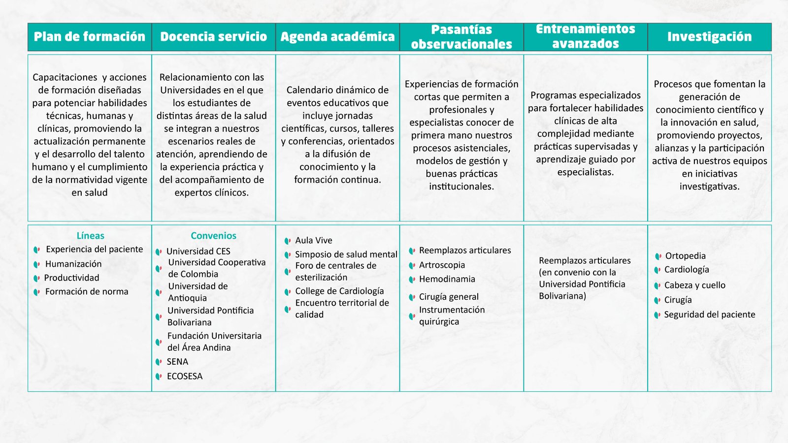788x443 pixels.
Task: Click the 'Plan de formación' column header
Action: tap(90, 37)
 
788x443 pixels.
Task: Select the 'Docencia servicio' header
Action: tap(213, 37)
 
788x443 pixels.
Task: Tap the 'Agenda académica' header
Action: tap(337, 37)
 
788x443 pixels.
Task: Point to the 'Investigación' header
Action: tap(709, 37)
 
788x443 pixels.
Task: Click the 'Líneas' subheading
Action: tap(90, 236)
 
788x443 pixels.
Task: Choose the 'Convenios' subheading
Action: tap(213, 236)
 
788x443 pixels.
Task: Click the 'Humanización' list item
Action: tap(73, 264)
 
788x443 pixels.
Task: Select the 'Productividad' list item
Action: tap(71, 278)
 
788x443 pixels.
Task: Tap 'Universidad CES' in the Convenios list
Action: tap(198, 251)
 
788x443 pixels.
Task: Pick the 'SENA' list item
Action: tap(177, 362)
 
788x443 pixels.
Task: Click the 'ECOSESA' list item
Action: tap(184, 376)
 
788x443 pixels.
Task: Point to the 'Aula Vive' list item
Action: tap(314, 240)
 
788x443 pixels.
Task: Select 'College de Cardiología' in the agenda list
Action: tap(339, 291)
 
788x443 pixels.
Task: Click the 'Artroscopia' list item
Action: tap(442, 265)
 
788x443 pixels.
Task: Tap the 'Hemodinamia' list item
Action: tap(447, 279)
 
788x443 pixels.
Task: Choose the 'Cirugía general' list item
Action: tap(449, 297)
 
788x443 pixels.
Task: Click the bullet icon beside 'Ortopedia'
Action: tap(658, 256)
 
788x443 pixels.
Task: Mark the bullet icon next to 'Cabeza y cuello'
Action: tap(657, 285)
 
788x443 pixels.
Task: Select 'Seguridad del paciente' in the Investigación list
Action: tap(709, 315)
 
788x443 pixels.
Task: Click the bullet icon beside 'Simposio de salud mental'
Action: tap(288, 255)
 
